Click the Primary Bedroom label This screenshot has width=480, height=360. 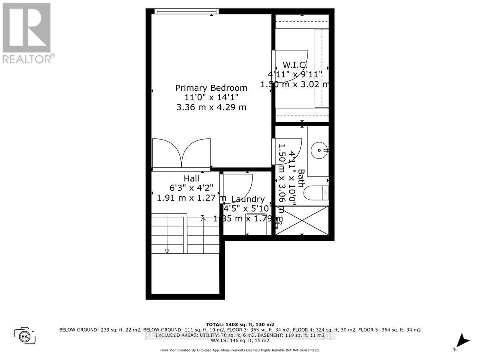coord(211,88)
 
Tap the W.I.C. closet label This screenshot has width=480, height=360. coord(295,65)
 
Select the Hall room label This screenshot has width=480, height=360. coord(191,179)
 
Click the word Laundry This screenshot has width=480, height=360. coord(248,199)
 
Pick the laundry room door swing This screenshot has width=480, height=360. coord(237,188)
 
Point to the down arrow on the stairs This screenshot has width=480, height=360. coord(167,250)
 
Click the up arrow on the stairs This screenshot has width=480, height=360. coord(203,218)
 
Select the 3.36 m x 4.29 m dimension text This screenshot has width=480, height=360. coord(212,107)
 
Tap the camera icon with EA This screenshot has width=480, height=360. coord(25,335)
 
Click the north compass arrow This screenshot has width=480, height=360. coord(463,341)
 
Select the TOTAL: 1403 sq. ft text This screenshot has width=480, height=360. coord(240,324)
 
